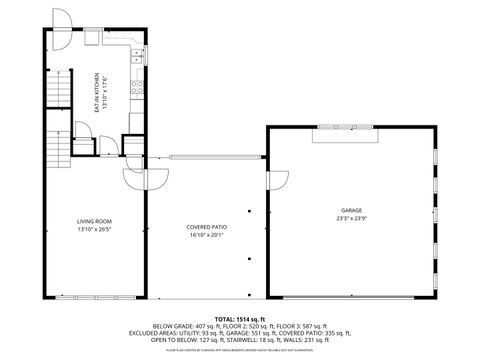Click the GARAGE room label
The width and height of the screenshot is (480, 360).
[x=351, y=210]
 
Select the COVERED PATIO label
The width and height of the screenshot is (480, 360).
[x=206, y=227]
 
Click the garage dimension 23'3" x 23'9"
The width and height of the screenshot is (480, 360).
[x=351, y=218]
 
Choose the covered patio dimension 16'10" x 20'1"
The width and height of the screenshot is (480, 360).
[x=206, y=235]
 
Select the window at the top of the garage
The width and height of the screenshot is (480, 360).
[x=343, y=128]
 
